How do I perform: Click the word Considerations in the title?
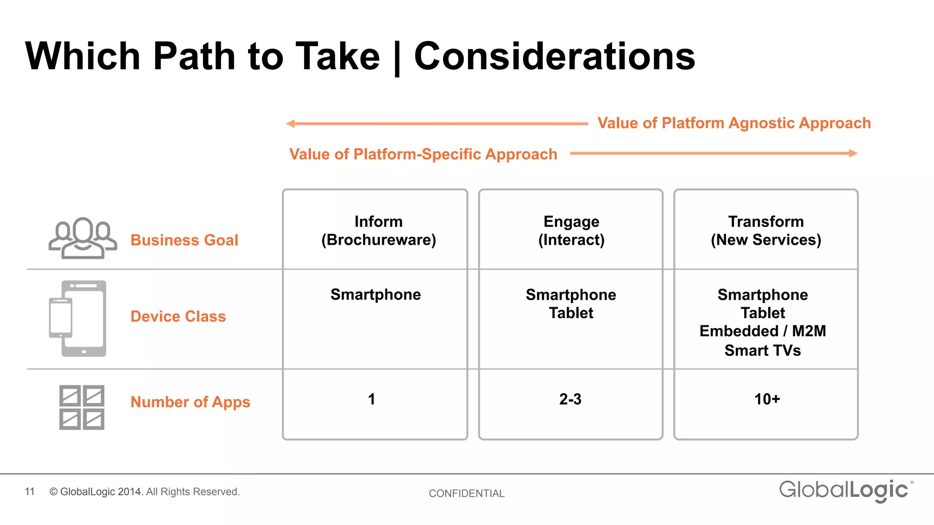pos(554,56)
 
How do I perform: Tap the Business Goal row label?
pos(184,240)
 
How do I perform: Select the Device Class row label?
pos(178,316)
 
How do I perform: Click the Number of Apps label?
pos(190,402)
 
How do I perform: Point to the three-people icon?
pos(83,238)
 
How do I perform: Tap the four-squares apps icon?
pos(82,407)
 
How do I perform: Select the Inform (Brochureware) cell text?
pos(378,231)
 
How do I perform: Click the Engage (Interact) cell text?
pos(571,231)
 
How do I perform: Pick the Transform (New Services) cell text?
pos(766,231)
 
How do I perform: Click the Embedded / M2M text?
pos(763,331)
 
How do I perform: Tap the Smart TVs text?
pos(763,350)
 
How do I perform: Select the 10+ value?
pos(767,399)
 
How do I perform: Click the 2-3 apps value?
pos(570,399)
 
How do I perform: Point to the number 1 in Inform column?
pos(372,399)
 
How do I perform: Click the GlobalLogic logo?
pos(845,490)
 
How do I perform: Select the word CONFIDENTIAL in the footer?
pos(467,494)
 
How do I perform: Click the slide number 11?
pos(30,492)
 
